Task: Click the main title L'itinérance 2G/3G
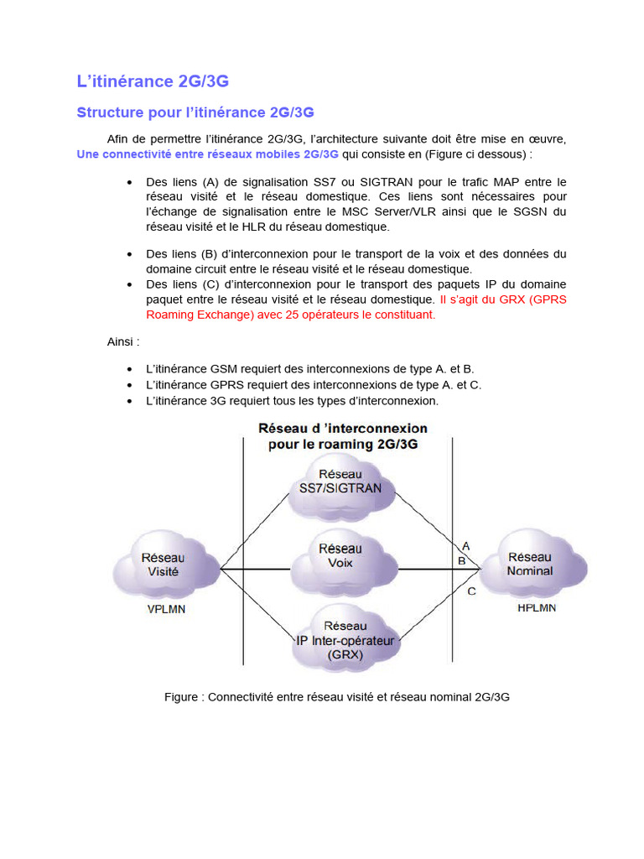[153, 81]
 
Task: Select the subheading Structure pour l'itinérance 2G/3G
[195, 112]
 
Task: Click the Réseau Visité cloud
[164, 564]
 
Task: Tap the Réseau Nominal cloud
[530, 563]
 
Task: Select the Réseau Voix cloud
[341, 556]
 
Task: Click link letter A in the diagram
[465, 546]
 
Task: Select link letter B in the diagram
[461, 560]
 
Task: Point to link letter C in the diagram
[471, 591]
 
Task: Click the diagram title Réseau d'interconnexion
[342, 436]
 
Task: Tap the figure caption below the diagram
[337, 697]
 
